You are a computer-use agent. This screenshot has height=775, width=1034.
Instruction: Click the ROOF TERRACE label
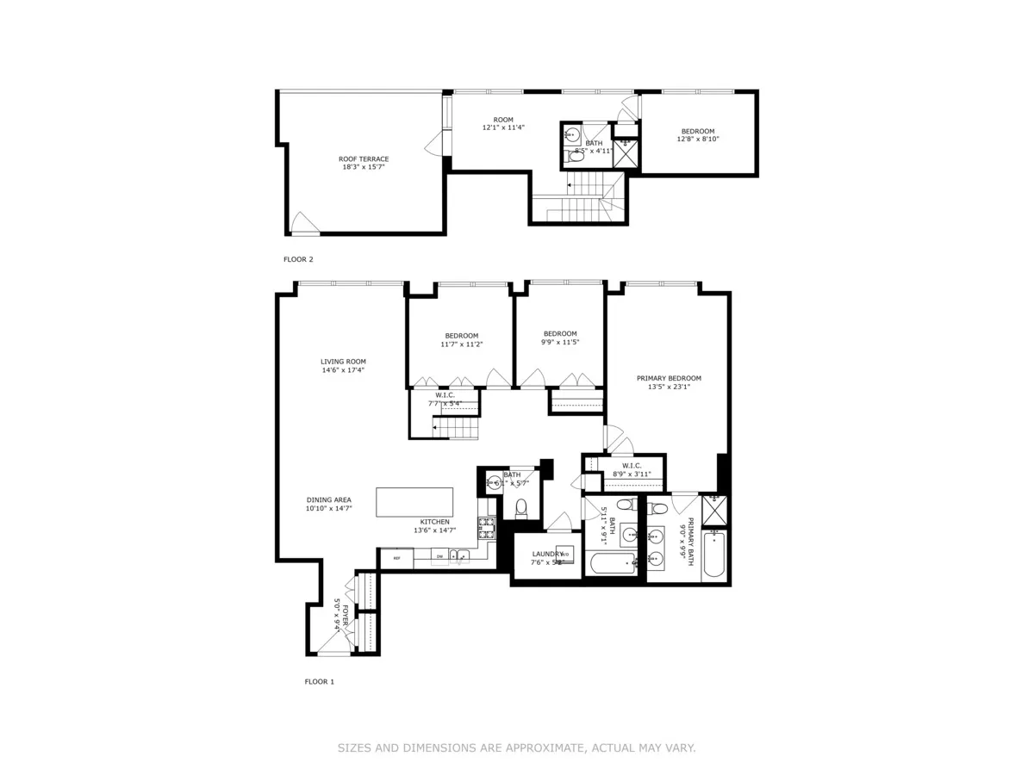pyautogui.click(x=363, y=158)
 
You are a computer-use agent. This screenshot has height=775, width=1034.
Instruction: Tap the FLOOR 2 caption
pyautogui.click(x=298, y=258)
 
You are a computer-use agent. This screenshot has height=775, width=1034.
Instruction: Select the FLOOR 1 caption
pyautogui.click(x=319, y=681)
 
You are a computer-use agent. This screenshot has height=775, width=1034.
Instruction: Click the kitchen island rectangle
pyautogui.click(x=414, y=502)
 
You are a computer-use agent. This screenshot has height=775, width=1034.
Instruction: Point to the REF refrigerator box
pyautogui.click(x=397, y=558)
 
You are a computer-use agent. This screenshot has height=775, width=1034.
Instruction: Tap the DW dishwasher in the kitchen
pyautogui.click(x=439, y=557)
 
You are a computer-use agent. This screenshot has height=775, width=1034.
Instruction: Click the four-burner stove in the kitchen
pyautogui.click(x=487, y=528)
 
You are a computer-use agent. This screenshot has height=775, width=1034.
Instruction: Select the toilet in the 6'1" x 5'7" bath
pyautogui.click(x=520, y=508)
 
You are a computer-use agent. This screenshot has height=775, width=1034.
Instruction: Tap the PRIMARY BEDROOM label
pyautogui.click(x=669, y=378)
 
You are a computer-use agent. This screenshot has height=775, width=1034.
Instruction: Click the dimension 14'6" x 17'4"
pyautogui.click(x=344, y=370)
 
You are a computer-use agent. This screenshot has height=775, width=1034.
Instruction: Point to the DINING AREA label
pyautogui.click(x=329, y=499)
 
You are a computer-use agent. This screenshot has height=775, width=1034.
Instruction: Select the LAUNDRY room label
pyautogui.click(x=547, y=554)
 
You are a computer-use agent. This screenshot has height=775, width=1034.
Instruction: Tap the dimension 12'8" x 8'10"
pyautogui.click(x=698, y=139)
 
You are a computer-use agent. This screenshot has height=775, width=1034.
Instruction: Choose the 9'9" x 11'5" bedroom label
pyautogui.click(x=560, y=333)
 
